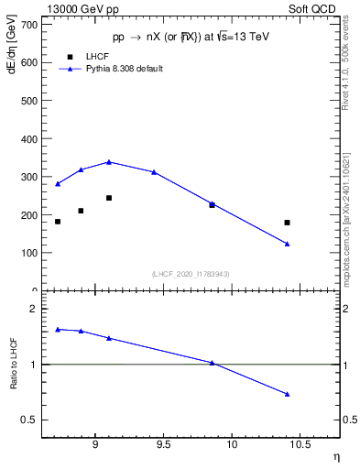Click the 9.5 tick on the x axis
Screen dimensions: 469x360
164,447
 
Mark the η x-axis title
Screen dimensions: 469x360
335,455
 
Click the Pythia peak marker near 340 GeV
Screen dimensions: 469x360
109,162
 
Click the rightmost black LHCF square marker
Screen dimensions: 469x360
287,223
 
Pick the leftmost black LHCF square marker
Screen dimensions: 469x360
58,222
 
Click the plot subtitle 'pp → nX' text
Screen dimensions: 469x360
190,38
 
